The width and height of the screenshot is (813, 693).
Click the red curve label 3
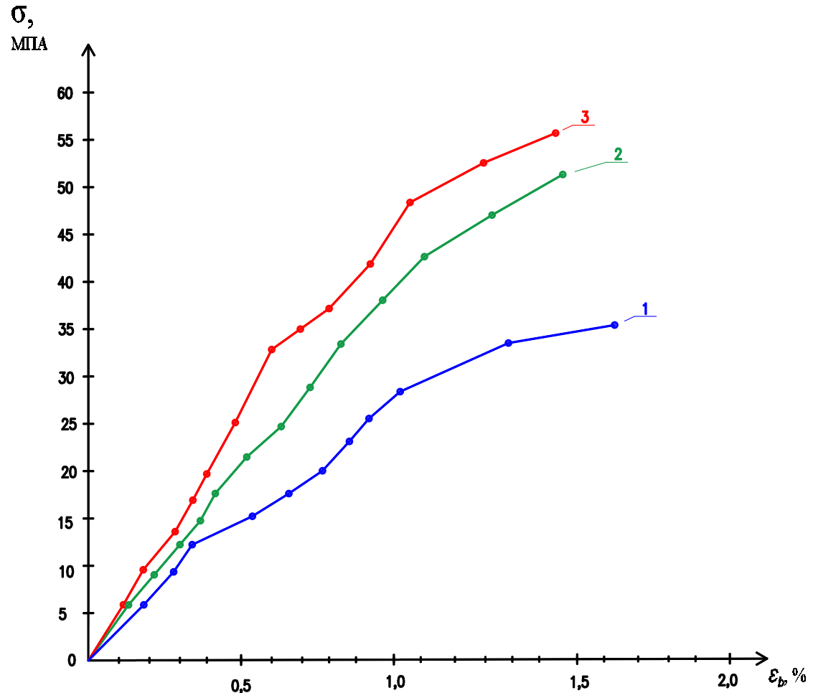pyautogui.click(x=585, y=118)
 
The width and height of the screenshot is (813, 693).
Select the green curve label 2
pyautogui.click(x=618, y=154)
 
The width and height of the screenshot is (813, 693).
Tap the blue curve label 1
pyautogui.click(x=645, y=308)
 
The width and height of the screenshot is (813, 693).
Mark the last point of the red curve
pyautogui.click(x=555, y=133)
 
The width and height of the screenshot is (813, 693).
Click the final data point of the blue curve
pyautogui.click(x=614, y=325)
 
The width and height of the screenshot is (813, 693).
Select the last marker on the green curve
pyautogui.click(x=563, y=174)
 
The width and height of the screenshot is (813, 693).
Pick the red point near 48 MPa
pyautogui.click(x=410, y=202)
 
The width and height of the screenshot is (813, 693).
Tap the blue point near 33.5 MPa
pyautogui.click(x=509, y=343)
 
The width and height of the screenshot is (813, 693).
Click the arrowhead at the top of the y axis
pyautogui.click(x=88, y=50)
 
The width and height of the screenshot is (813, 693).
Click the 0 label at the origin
pyautogui.click(x=71, y=661)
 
